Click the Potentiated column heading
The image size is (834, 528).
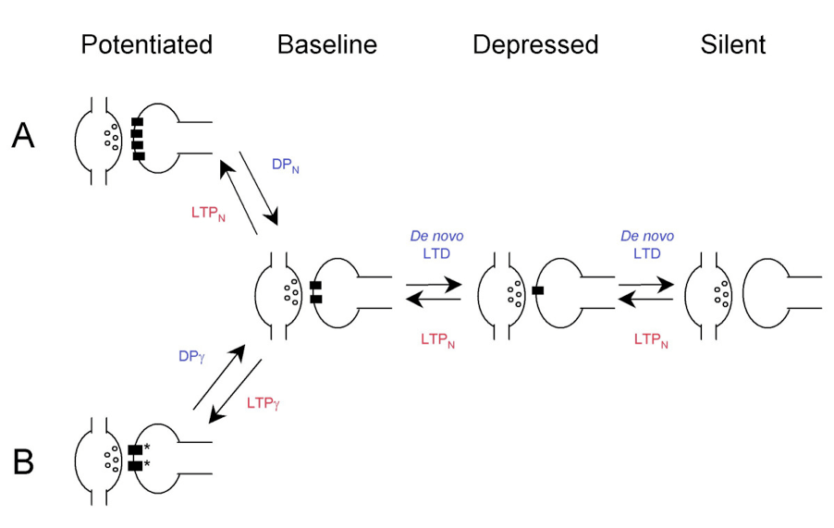[x=147, y=44]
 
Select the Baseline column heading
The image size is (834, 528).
[x=327, y=44]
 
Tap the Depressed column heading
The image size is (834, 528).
[x=535, y=44]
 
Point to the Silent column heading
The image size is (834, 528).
[x=733, y=44]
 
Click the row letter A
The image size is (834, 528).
[x=23, y=136]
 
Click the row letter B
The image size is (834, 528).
[x=23, y=462]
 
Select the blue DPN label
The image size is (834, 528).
[x=286, y=166]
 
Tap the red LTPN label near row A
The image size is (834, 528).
[x=209, y=214]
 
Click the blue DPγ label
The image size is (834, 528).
[x=191, y=357]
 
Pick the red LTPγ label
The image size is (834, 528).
[x=264, y=403]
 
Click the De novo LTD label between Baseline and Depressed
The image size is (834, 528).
[x=436, y=245]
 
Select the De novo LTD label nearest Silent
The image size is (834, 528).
[x=647, y=245]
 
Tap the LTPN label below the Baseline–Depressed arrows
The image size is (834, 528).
[x=437, y=339]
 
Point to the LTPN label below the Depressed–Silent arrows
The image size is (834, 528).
[x=651, y=339]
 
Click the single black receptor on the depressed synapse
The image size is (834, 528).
[x=538, y=290]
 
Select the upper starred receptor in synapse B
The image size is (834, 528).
[x=136, y=449]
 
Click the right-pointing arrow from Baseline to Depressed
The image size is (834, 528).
[x=434, y=285]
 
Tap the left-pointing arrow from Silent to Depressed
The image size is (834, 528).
[x=645, y=300]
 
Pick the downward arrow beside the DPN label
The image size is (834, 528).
[x=259, y=189]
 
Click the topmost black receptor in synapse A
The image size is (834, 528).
[x=137, y=122]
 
